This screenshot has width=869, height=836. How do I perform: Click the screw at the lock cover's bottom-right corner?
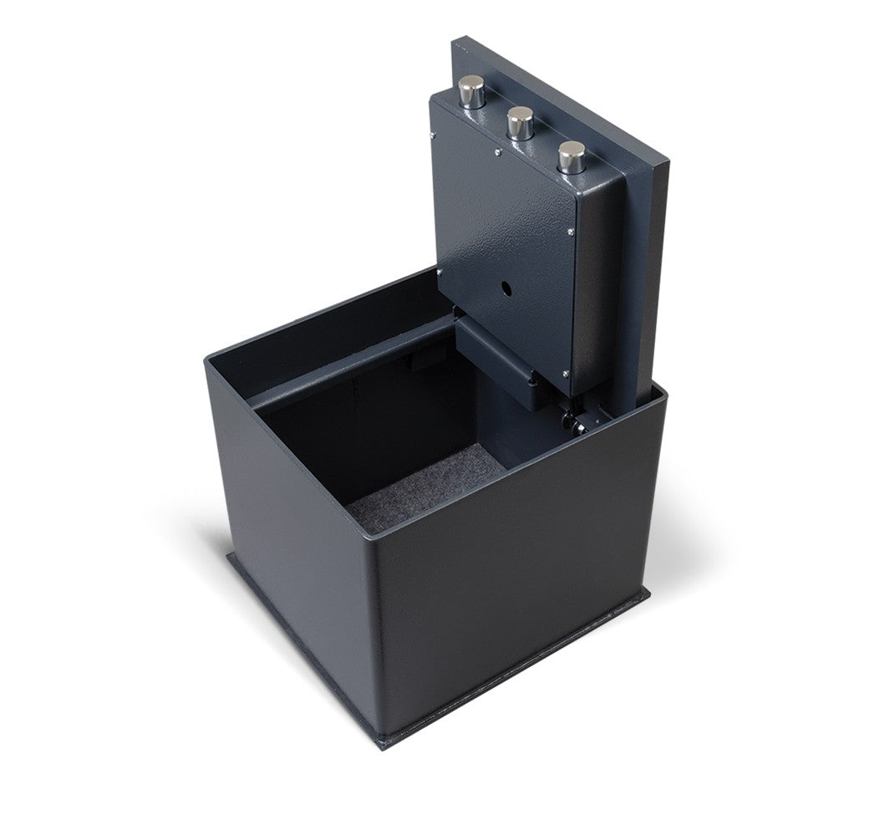pos(569,373)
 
